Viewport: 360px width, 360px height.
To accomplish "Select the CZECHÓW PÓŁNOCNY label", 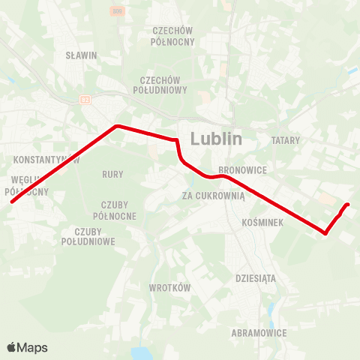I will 172,36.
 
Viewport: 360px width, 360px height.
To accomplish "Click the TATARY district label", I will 285,140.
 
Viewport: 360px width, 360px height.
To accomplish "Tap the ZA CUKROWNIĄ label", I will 214,196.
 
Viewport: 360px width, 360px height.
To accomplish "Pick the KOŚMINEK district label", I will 262,223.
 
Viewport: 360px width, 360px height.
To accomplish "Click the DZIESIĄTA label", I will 256,277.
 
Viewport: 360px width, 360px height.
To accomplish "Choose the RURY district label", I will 112,174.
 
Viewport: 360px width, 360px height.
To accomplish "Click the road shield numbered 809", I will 116,11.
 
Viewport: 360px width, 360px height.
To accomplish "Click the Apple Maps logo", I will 27,347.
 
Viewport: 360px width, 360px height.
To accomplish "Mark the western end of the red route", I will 11,202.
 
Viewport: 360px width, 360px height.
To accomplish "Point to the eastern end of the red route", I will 349,204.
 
